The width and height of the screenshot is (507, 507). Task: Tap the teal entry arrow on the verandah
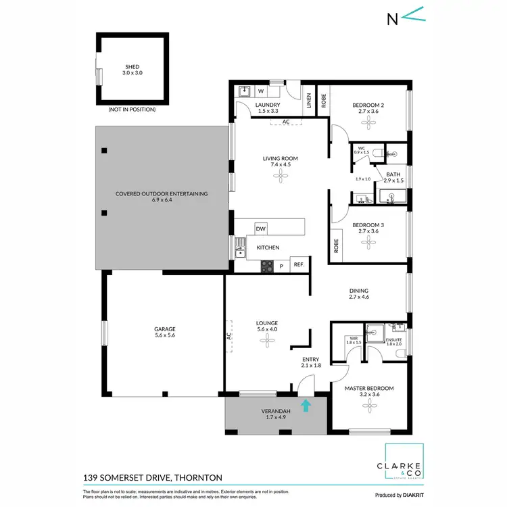pyautogui.click(x=306, y=406)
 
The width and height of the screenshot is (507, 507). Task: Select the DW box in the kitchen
pyautogui.click(x=261, y=229)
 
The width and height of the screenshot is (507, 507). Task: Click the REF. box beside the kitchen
pyautogui.click(x=298, y=265)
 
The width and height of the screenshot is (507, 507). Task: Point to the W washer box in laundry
pyautogui.click(x=260, y=91)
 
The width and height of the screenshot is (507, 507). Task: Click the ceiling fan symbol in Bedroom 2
pyautogui.click(x=368, y=122)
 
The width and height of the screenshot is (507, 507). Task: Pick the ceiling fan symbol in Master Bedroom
pyautogui.click(x=368, y=406)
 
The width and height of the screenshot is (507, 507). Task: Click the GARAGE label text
pyautogui.click(x=164, y=329)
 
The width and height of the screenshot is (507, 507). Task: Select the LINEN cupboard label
pyautogui.click(x=309, y=101)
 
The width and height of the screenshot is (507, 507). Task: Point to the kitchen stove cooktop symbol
pyautogui.click(x=268, y=266)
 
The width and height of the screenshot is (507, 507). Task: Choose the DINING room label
pyautogui.click(x=358, y=291)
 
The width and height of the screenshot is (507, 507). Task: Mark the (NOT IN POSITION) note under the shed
pyautogui.click(x=132, y=109)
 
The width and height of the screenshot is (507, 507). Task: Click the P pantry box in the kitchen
pyautogui.click(x=282, y=266)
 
